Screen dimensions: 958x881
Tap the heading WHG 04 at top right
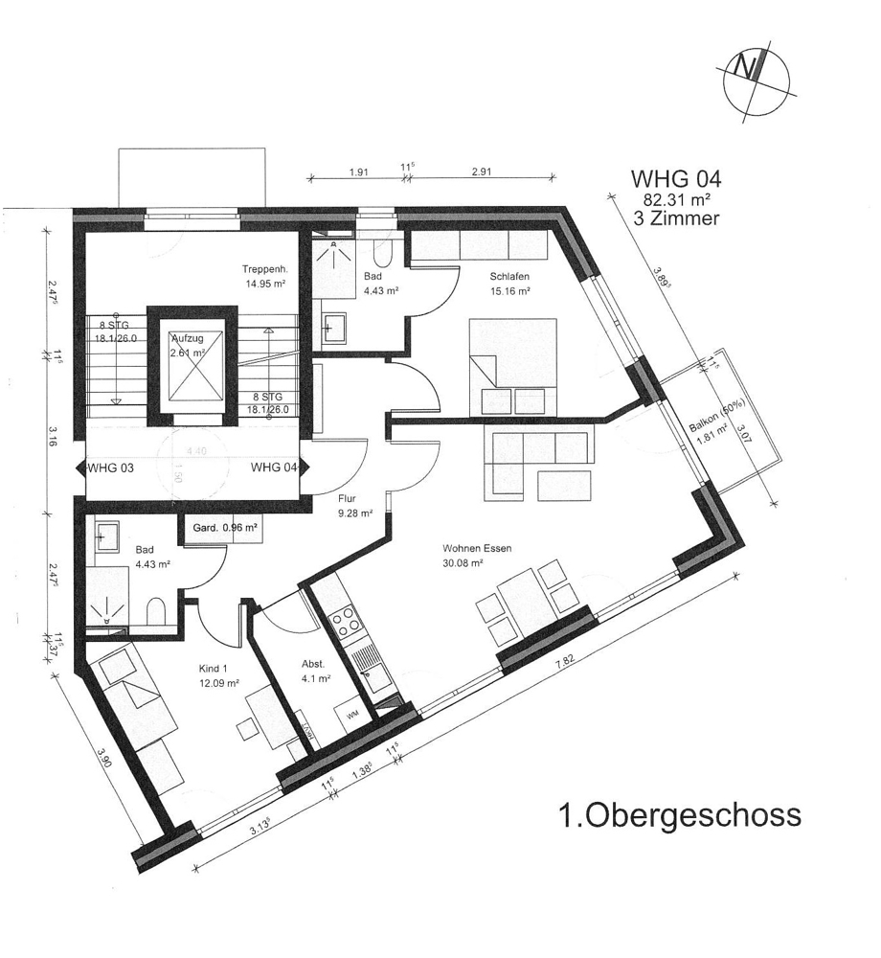pyautogui.click(x=674, y=179)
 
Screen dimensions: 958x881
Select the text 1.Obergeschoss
pyautogui.click(x=679, y=816)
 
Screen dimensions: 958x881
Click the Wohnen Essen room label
pyautogui.click(x=477, y=549)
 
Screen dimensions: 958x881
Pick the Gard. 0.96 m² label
pyautogui.click(x=221, y=527)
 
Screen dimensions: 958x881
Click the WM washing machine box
pyautogui.click(x=352, y=716)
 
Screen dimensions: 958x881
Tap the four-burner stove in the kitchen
pyautogui.click(x=347, y=623)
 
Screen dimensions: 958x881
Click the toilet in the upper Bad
pyautogui.click(x=381, y=255)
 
